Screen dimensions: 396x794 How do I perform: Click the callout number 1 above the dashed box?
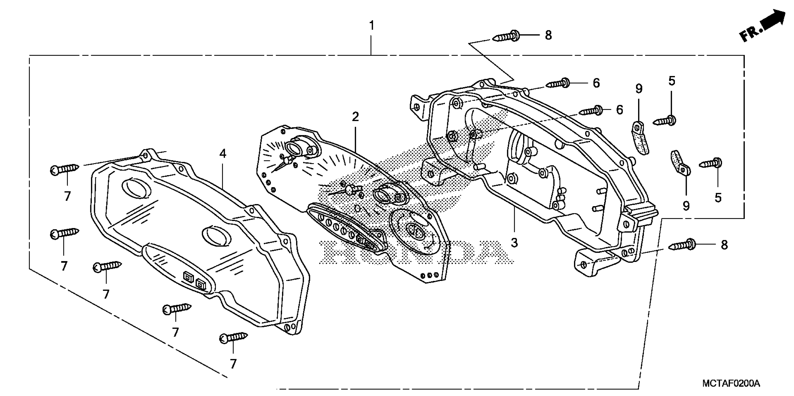pos(372,25)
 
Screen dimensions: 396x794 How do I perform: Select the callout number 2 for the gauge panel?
pos(355,117)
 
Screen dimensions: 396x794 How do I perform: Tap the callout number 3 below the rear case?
pos(514,243)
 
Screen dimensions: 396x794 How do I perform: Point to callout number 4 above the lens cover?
pos(223,154)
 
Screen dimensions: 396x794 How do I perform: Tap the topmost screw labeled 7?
pos(65,169)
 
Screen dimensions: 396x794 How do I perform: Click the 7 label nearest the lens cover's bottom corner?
pos(233,364)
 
